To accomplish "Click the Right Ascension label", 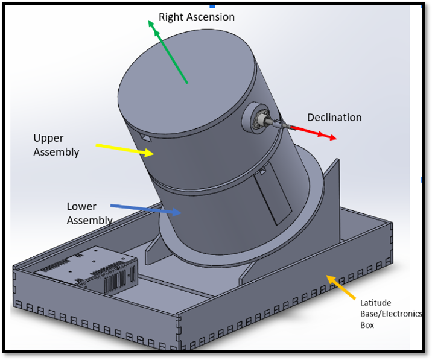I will [196, 17].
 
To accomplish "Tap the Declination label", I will [334, 117].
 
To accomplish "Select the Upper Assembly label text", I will [56, 145].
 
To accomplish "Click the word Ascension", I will [211, 17].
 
